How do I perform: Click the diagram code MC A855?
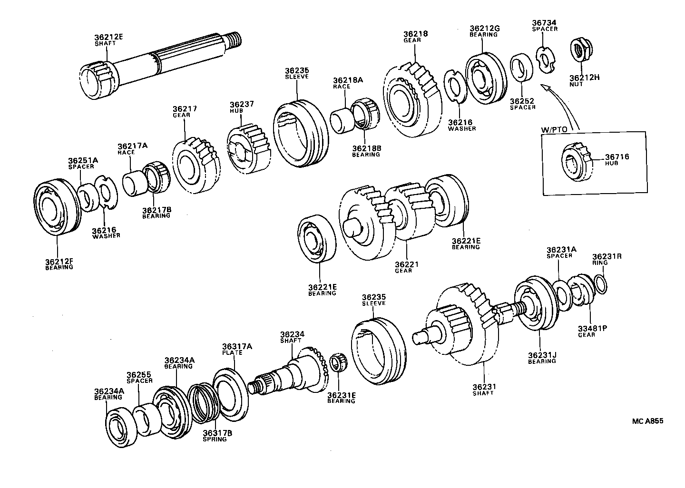647,420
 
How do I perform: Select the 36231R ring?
600,284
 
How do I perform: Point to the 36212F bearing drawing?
56,207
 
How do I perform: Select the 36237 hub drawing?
247,148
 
